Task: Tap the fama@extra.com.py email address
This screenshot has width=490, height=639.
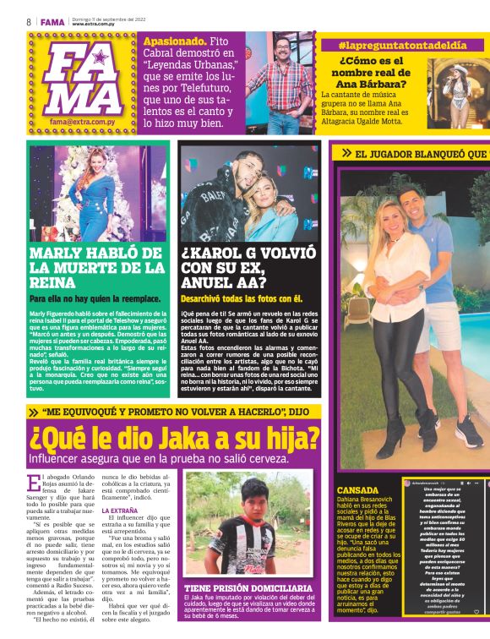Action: (x=83, y=122)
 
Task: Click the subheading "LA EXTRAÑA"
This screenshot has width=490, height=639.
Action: (x=120, y=511)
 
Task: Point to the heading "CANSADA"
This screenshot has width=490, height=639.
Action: (x=357, y=490)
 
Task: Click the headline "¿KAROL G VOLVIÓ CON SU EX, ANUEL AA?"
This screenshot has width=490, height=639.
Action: (x=248, y=268)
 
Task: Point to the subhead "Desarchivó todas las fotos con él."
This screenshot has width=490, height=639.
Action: (x=241, y=298)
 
